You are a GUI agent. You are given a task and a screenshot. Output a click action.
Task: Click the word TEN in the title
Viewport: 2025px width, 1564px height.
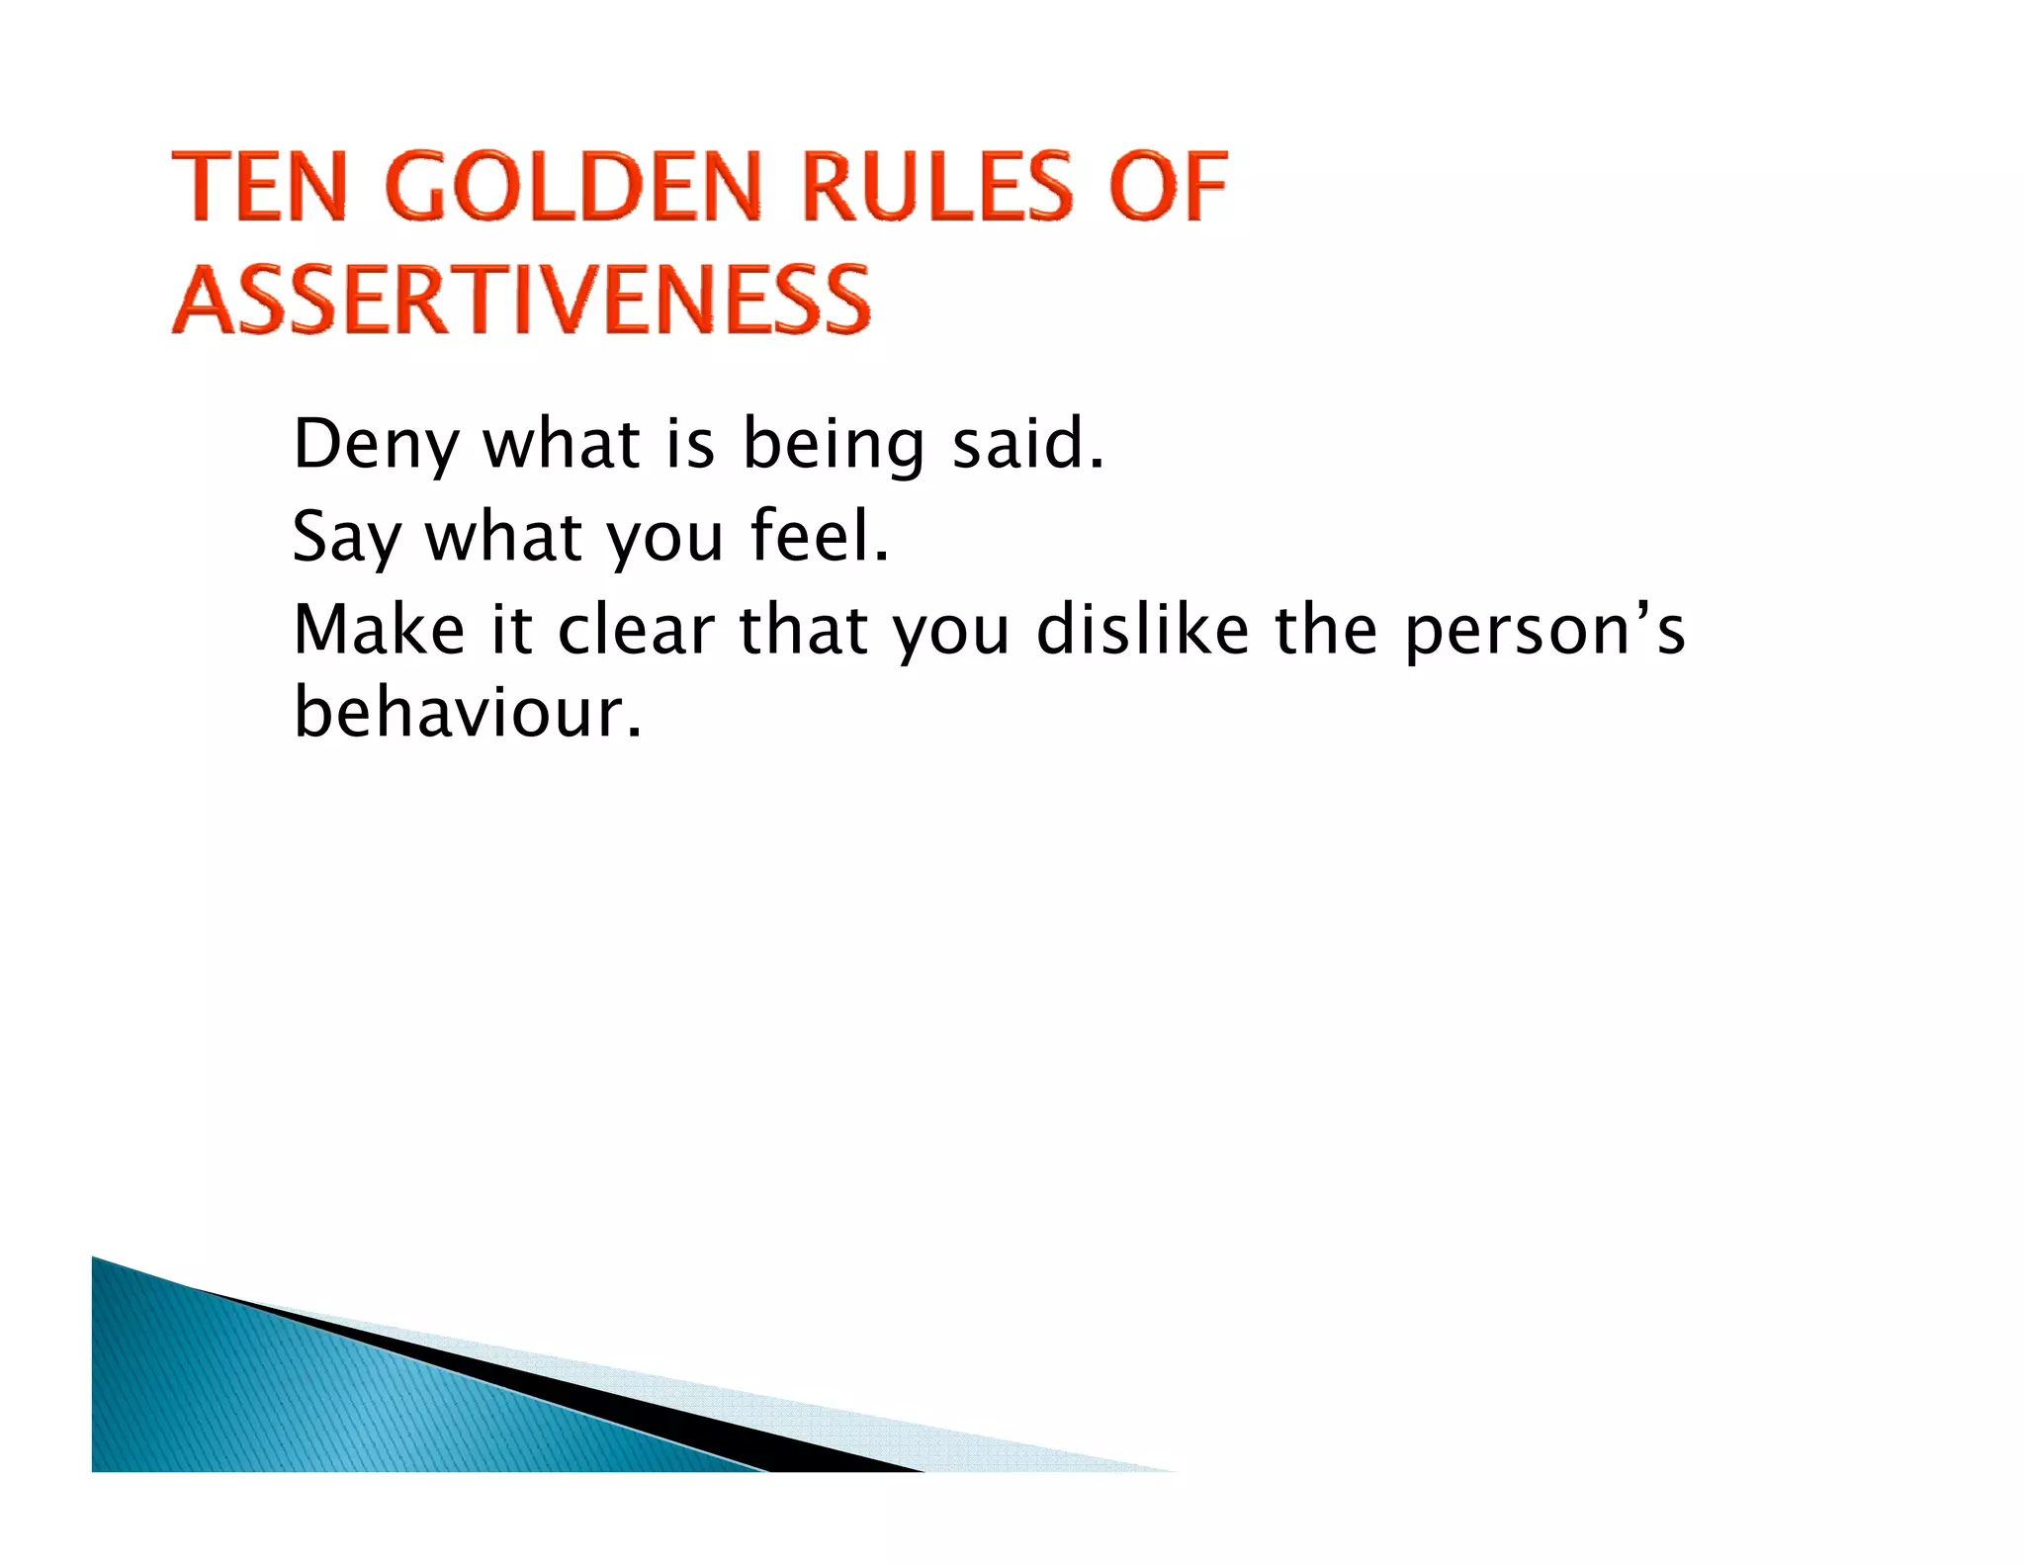(x=260, y=187)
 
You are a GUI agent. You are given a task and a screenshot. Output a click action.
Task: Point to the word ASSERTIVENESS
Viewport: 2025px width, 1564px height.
(x=521, y=300)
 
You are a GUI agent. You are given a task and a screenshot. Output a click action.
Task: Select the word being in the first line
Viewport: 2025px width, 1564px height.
(x=833, y=445)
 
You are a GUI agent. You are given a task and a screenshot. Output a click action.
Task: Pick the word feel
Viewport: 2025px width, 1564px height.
(x=819, y=536)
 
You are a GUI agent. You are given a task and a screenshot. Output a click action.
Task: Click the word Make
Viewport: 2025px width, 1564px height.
(x=379, y=630)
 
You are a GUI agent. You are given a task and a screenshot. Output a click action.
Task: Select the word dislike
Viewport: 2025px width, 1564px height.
(x=1142, y=630)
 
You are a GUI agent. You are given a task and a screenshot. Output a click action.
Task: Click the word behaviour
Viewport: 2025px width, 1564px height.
(x=467, y=713)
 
